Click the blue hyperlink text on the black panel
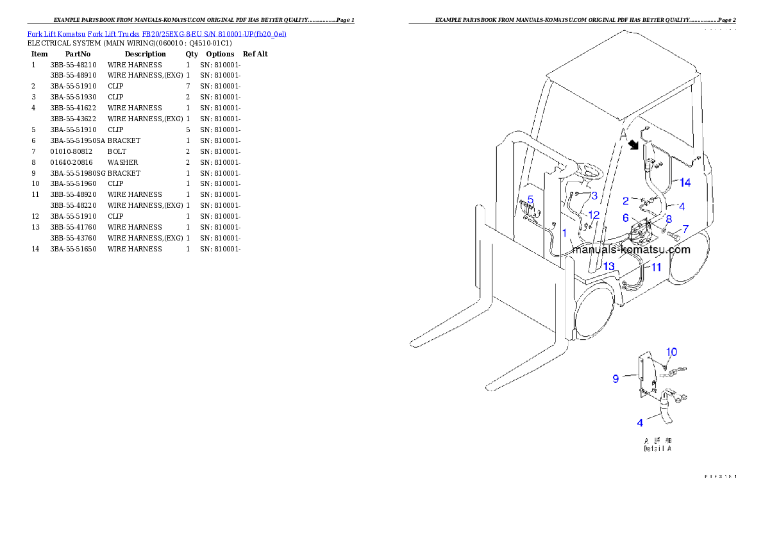156,33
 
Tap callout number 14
685,183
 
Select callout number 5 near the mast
530,199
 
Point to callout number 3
594,195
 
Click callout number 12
594,215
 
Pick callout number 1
564,233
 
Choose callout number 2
626,201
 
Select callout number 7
685,228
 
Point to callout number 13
608,266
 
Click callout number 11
656,267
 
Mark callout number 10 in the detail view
671,351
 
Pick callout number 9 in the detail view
616,378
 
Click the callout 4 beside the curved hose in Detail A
640,423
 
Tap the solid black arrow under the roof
635,145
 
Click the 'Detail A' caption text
658,449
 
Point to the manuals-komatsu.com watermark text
632,249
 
